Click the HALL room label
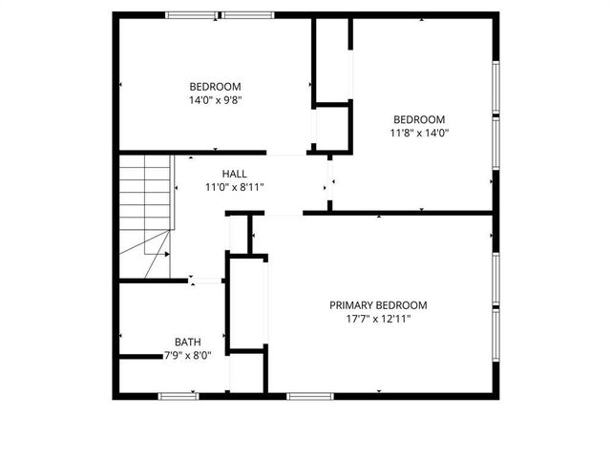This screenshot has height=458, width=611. point(234,174)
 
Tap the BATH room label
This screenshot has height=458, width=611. point(187,342)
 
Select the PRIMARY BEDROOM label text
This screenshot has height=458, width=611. point(378,305)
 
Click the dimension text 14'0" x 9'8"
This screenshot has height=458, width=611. point(215,99)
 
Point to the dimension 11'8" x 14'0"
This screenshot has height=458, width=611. point(419,133)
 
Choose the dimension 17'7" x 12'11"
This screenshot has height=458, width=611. point(378,319)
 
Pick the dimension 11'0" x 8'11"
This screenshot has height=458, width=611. point(234,187)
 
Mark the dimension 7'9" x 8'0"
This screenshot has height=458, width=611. point(187,355)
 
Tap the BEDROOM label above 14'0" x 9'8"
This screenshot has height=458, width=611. point(215,86)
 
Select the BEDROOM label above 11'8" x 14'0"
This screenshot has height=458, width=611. point(419,119)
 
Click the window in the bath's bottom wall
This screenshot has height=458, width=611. point(179,394)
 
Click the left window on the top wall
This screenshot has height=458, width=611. point(191,15)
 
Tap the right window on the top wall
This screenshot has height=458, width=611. point(248,15)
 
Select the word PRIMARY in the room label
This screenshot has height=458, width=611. point(351,305)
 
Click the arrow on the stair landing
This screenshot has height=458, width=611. point(161,255)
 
